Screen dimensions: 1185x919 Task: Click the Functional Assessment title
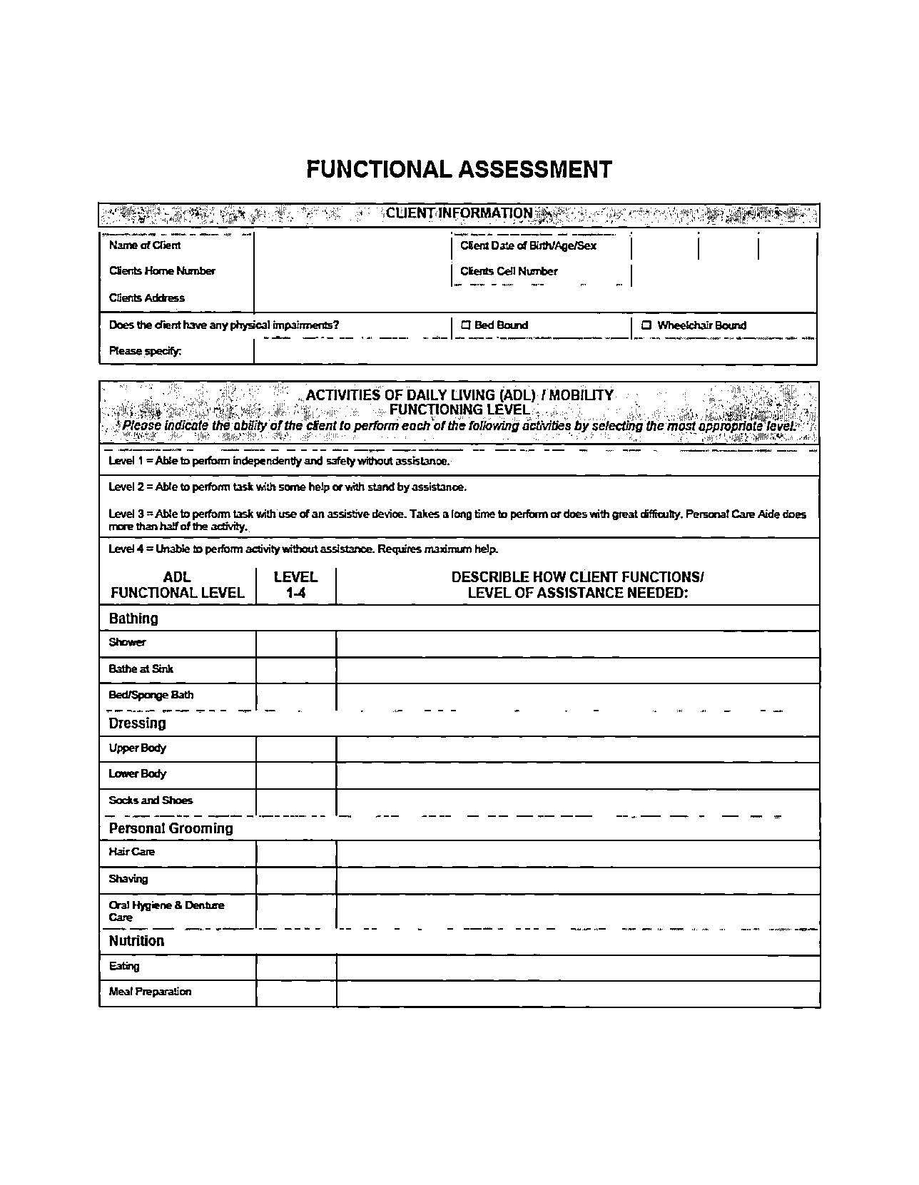(x=459, y=170)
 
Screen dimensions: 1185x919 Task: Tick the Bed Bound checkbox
(x=466, y=325)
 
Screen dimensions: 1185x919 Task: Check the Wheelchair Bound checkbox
(x=646, y=325)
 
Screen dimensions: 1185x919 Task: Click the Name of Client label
(x=144, y=245)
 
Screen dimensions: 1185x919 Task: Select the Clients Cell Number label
(x=509, y=271)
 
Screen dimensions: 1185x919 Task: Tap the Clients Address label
(x=146, y=298)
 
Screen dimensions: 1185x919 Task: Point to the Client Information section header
(x=459, y=213)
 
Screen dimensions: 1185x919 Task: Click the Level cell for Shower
(x=295, y=644)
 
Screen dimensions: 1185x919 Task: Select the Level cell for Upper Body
(x=295, y=749)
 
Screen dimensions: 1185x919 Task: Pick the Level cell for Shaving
(x=295, y=880)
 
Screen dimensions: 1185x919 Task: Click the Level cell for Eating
(x=295, y=967)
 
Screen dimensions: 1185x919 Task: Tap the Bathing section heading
(x=133, y=619)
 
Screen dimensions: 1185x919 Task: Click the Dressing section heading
(x=137, y=723)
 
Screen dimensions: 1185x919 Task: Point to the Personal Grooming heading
(x=171, y=828)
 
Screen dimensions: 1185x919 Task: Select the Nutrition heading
(x=136, y=941)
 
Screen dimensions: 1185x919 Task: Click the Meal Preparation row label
(x=150, y=992)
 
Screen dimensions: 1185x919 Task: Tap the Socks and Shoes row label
(x=151, y=800)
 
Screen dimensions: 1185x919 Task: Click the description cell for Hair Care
(x=577, y=853)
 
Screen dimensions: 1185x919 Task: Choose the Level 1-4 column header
(x=295, y=585)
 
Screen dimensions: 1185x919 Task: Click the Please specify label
(x=145, y=351)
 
